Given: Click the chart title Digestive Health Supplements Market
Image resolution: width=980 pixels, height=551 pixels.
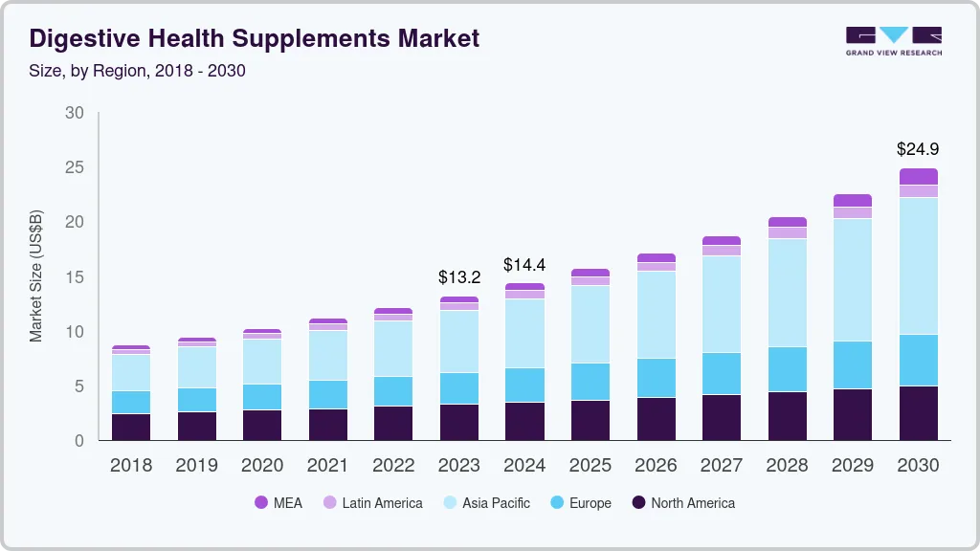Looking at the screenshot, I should pyautogui.click(x=255, y=38).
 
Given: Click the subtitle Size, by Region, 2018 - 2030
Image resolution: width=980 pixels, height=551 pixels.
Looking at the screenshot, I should pyautogui.click(x=137, y=70).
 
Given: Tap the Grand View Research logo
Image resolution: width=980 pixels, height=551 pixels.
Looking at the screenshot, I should pyautogui.click(x=893, y=40).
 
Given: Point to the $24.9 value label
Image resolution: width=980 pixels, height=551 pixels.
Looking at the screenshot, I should pyautogui.click(x=917, y=149).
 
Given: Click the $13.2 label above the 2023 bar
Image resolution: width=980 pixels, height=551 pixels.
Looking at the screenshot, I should pyautogui.click(x=459, y=277).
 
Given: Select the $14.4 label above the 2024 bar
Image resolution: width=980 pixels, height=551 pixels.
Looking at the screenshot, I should pyautogui.click(x=524, y=264).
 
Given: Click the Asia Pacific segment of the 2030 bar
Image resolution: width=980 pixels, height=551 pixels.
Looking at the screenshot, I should pyautogui.click(x=918, y=266).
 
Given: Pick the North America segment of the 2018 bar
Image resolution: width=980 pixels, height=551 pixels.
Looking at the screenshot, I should pyautogui.click(x=131, y=427).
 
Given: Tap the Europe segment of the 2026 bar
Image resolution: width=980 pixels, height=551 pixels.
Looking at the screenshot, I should pyautogui.click(x=656, y=378).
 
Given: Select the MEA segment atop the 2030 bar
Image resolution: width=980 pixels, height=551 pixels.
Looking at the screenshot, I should pyautogui.click(x=918, y=176).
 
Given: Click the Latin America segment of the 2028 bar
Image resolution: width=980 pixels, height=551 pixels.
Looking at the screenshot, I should pyautogui.click(x=787, y=232).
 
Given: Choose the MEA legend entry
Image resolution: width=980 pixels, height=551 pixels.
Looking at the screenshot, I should pyautogui.click(x=278, y=503).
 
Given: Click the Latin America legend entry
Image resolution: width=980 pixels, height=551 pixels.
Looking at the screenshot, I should pyautogui.click(x=372, y=503).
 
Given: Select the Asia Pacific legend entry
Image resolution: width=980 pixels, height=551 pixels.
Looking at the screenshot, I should pyautogui.click(x=486, y=503).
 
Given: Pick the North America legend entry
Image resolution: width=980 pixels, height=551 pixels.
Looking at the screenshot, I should pyautogui.click(x=683, y=503).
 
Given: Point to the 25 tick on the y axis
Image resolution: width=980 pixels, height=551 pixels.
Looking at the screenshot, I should pyautogui.click(x=75, y=167).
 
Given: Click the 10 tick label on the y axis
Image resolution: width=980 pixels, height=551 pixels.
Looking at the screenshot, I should pyautogui.click(x=75, y=332).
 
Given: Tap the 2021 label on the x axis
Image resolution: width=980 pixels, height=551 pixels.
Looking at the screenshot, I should pyautogui.click(x=328, y=466).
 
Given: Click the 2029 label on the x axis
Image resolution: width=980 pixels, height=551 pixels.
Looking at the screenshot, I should pyautogui.click(x=852, y=466).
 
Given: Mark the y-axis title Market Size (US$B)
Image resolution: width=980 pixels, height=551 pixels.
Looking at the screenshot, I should pyautogui.click(x=36, y=276).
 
